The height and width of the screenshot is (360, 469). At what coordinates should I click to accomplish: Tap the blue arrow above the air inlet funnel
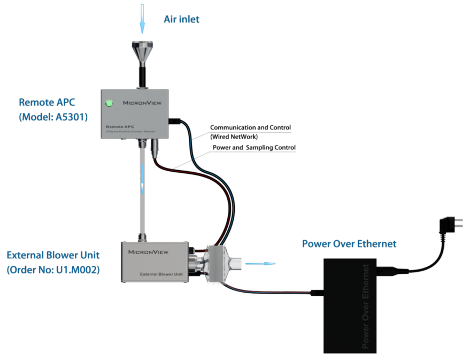click(142, 18)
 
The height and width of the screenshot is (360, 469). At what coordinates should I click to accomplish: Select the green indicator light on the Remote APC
click(110, 102)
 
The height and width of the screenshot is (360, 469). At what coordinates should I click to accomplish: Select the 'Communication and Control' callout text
click(250, 128)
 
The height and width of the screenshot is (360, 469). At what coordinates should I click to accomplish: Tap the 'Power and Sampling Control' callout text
click(254, 148)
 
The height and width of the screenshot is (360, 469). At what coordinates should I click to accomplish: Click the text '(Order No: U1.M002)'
click(53, 270)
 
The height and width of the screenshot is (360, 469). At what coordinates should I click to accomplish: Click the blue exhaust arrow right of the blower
click(264, 263)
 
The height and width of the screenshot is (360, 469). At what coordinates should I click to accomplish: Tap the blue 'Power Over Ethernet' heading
click(349, 244)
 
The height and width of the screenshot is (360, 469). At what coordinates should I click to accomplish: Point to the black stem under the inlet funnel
click(143, 76)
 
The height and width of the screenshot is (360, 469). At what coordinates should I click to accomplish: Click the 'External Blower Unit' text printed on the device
click(162, 274)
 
